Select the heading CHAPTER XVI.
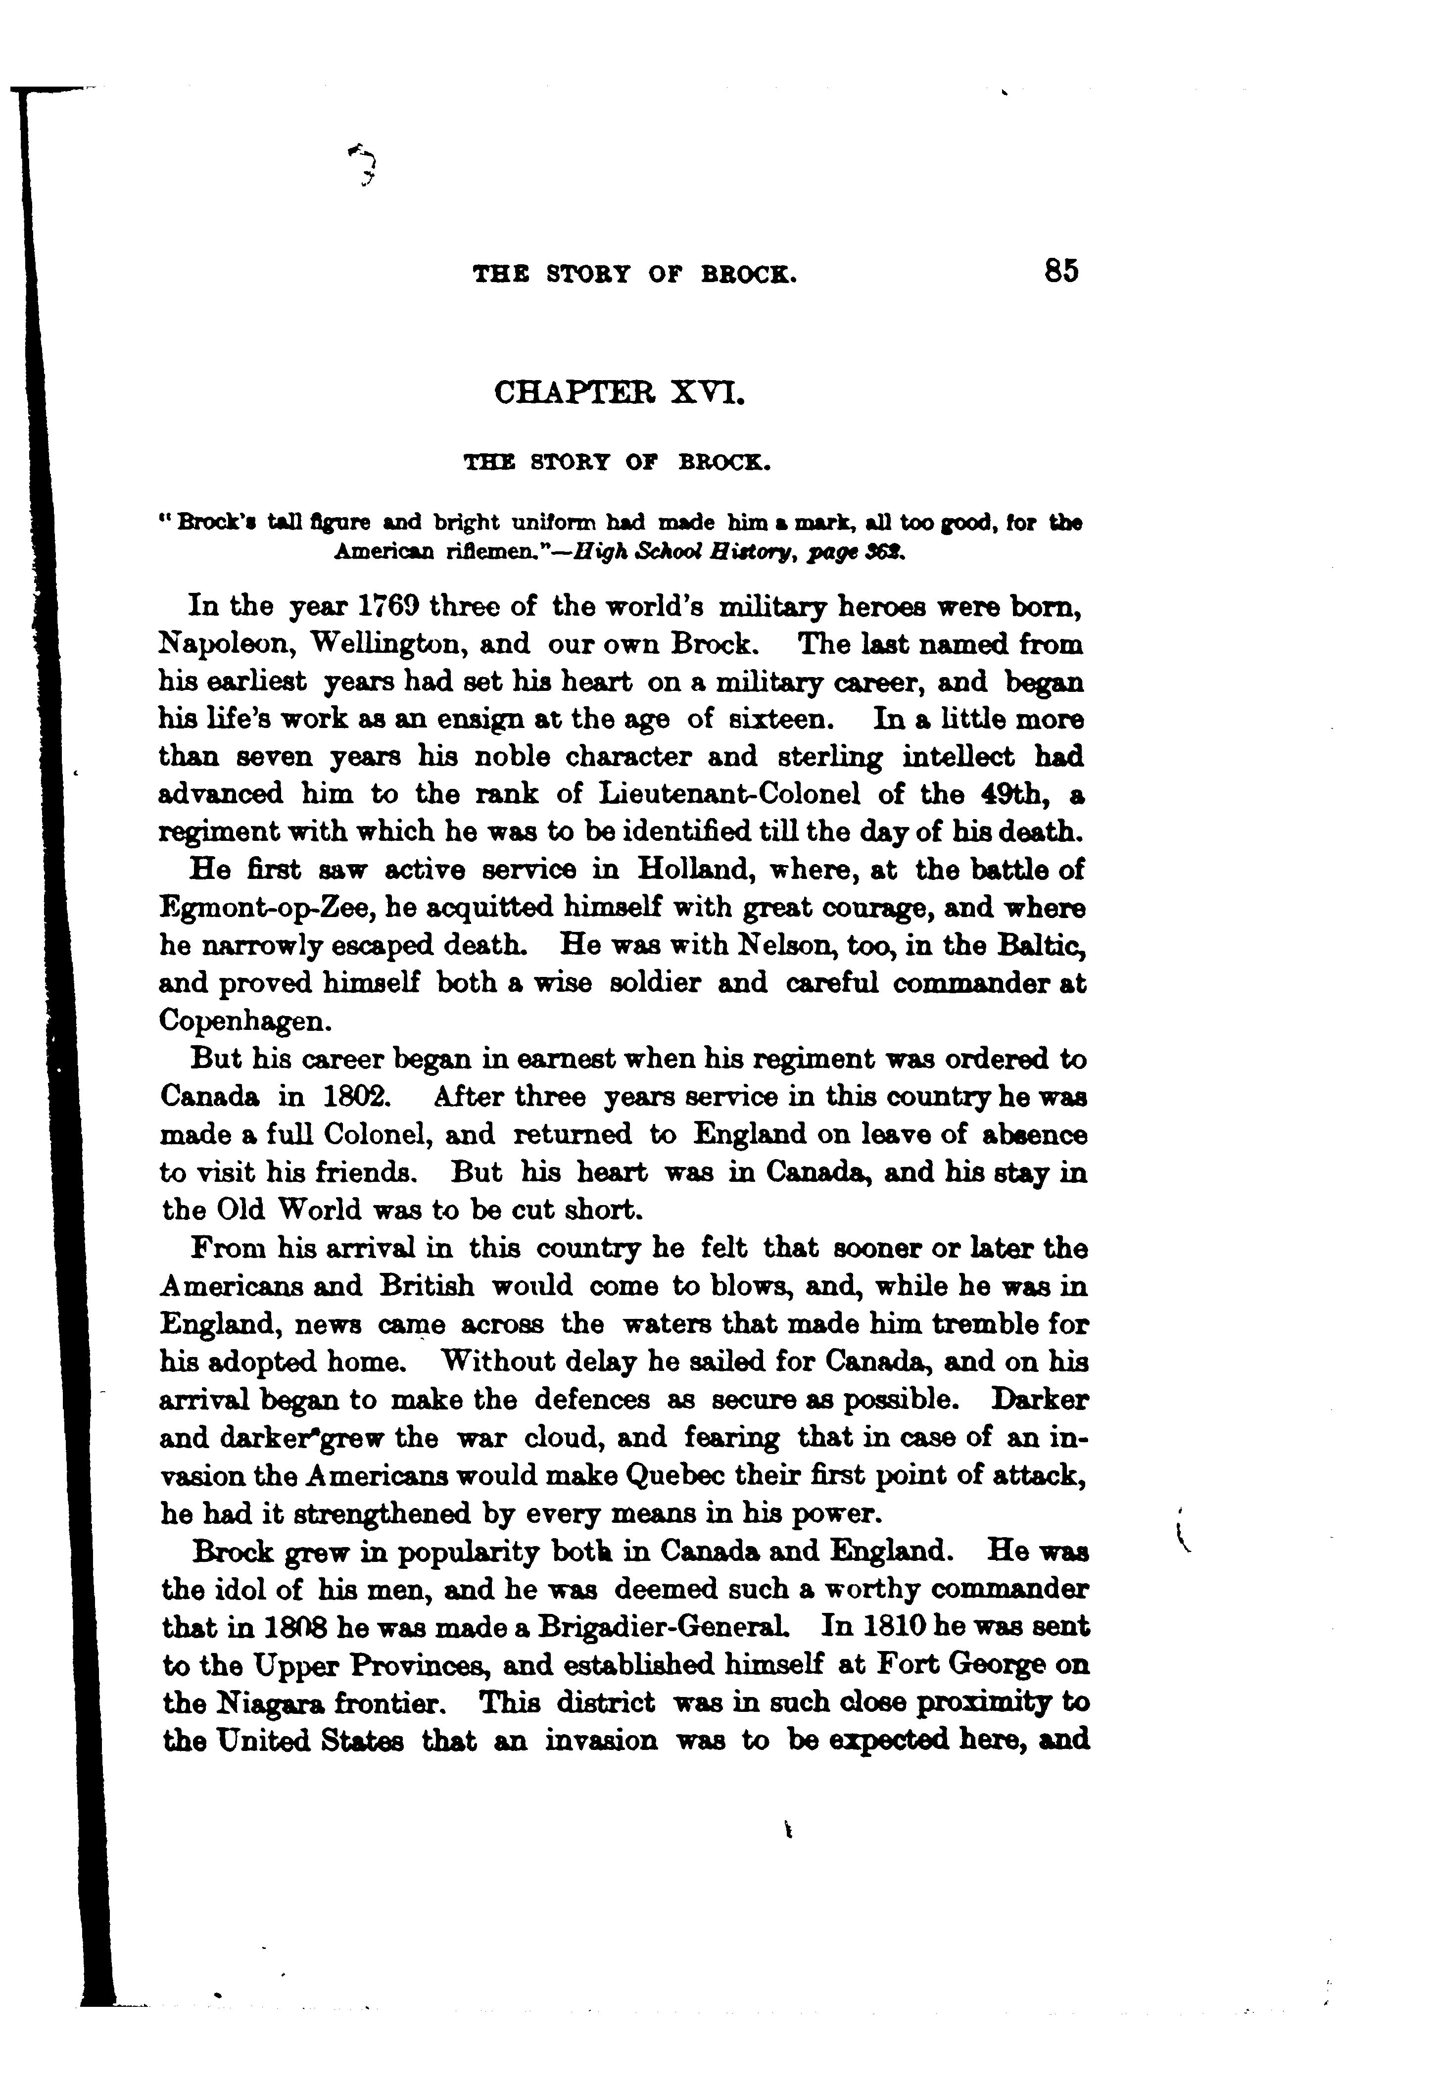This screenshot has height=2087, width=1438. click(620, 394)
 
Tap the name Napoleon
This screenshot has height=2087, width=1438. click(225, 645)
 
